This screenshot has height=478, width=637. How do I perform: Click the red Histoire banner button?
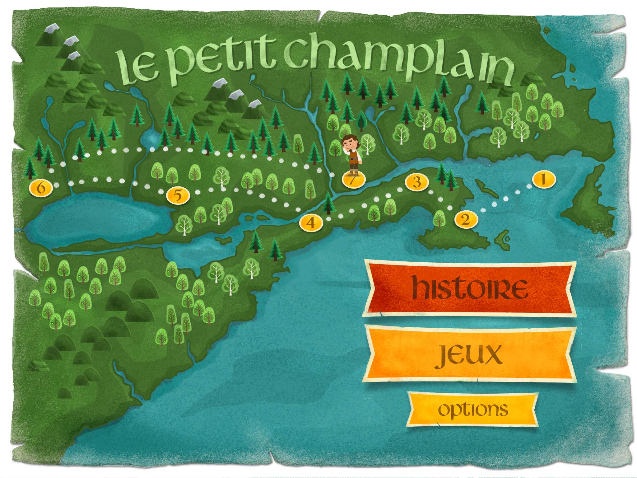coord(470,289)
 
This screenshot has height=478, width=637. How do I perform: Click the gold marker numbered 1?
coord(543,180)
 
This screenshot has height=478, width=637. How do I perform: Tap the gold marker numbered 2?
coord(465,220)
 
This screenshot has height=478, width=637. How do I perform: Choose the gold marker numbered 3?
coord(417,182)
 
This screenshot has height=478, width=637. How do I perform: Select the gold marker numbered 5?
coord(178,196)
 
